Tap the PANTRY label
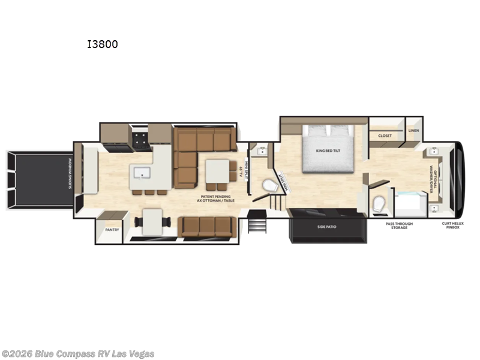pos(112,229)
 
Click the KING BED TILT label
pos(328,151)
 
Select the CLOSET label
pos(385,136)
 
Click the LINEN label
pos(414,130)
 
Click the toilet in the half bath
pos(271,187)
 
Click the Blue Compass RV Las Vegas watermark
pos(78,353)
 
